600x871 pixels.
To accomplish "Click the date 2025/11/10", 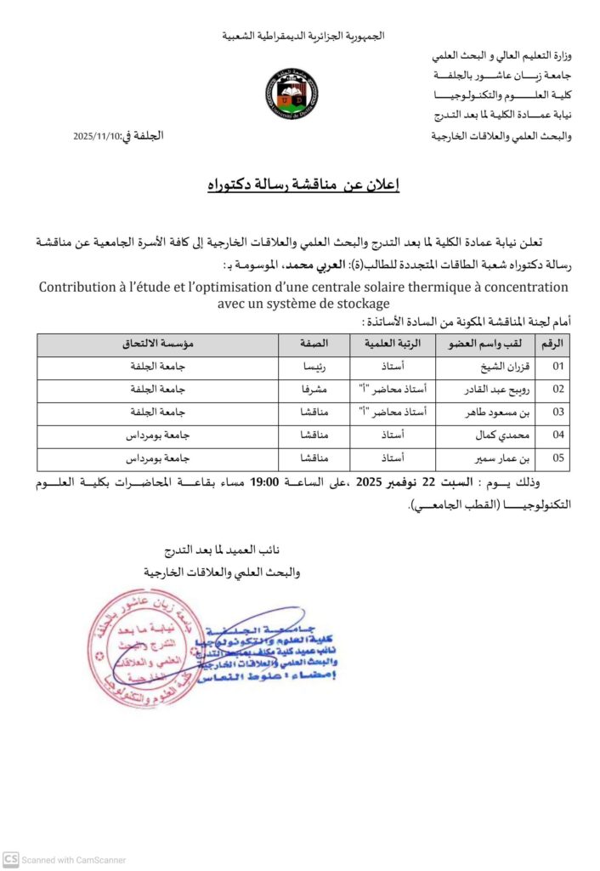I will tap(97, 136).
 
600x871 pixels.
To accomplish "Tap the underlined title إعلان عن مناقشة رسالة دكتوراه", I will tap(303, 185).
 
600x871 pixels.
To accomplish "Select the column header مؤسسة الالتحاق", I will tap(158, 344).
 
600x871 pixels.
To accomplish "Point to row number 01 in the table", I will tap(558, 368).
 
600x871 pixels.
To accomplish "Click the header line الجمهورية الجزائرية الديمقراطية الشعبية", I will tap(303, 36).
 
